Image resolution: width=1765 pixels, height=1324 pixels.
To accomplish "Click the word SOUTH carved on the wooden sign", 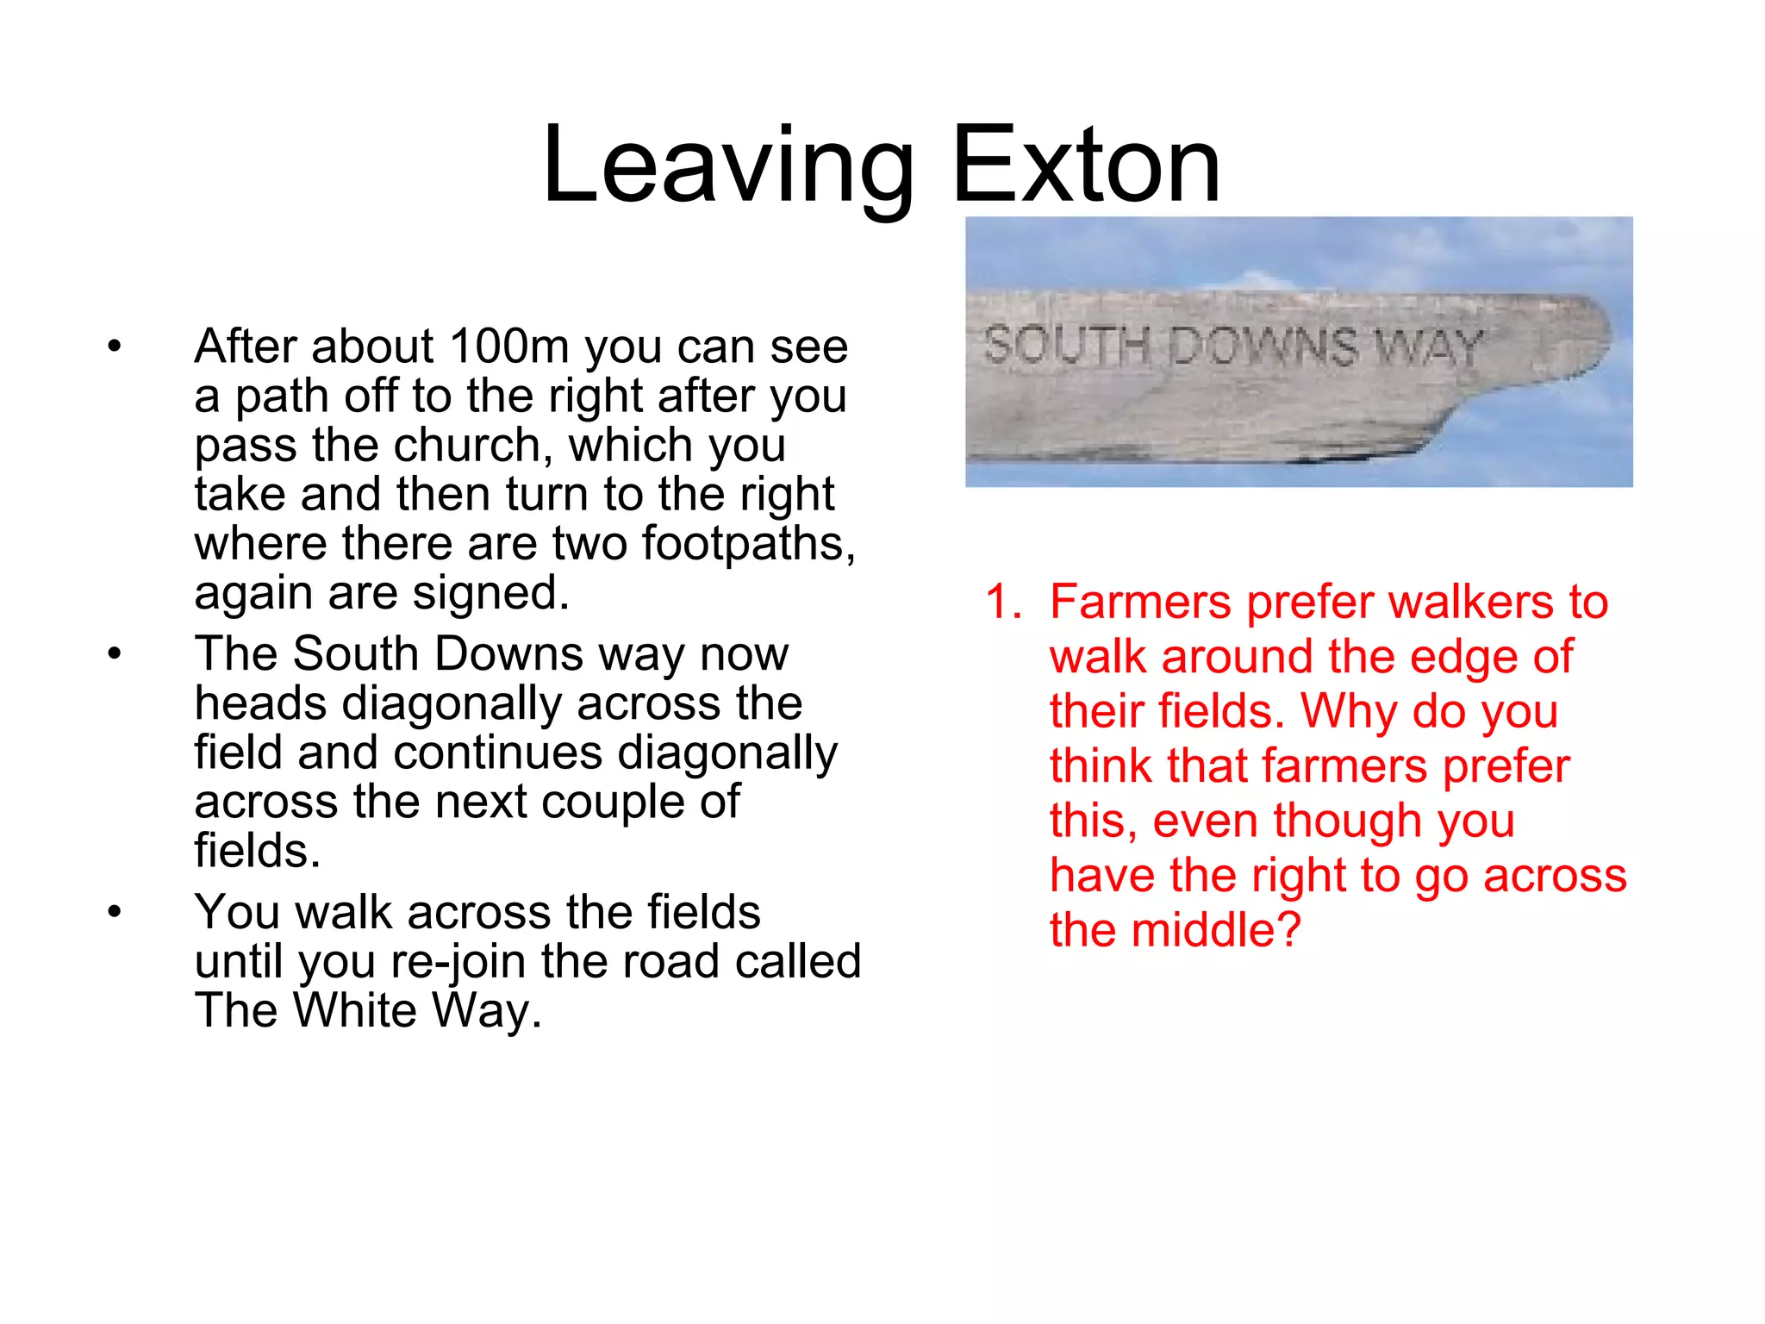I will coord(1067,347).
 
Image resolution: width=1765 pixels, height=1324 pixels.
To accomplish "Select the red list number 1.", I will coord(1001,602).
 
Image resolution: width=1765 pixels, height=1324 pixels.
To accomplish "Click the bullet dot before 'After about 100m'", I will coord(115,347).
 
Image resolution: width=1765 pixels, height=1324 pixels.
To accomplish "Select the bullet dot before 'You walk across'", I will coord(115,912).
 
